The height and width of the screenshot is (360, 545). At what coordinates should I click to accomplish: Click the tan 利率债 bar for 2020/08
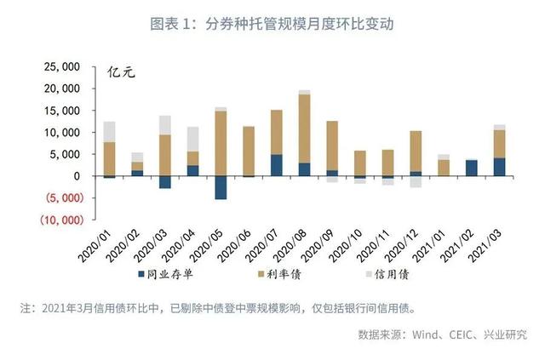(304, 128)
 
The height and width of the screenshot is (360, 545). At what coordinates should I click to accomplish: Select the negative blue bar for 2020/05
(221, 187)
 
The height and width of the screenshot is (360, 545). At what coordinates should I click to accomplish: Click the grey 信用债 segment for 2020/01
(109, 131)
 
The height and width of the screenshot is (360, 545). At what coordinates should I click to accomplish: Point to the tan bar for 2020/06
(249, 151)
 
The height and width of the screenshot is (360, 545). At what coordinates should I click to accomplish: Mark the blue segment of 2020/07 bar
(276, 165)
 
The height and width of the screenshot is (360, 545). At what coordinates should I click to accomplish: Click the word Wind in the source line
(423, 334)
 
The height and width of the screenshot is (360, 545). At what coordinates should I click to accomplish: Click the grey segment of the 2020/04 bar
(192, 139)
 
